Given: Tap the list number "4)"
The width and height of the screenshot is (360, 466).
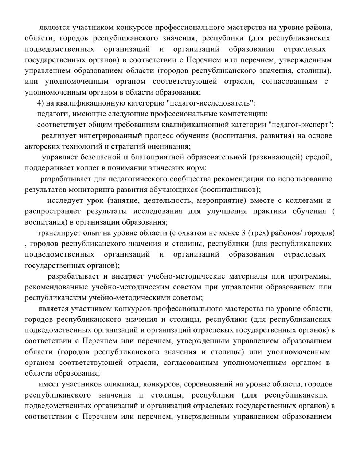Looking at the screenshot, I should click(40, 103).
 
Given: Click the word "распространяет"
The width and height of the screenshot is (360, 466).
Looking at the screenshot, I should click(53, 212).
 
